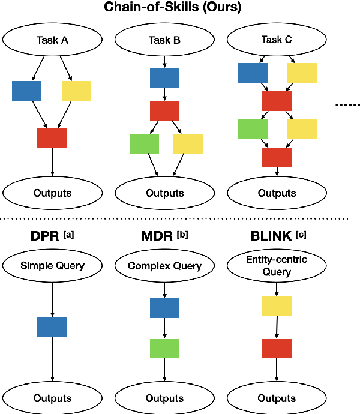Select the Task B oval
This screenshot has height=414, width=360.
click(x=164, y=40)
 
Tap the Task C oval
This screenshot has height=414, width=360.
click(x=277, y=40)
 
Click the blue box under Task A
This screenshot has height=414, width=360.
click(x=26, y=91)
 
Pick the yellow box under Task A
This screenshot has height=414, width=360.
click(x=76, y=91)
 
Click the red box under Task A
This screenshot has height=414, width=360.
click(x=52, y=138)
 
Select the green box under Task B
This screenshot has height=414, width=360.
click(x=144, y=143)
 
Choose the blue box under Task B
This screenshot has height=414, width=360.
click(x=164, y=77)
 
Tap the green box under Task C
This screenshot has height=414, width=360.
click(x=252, y=129)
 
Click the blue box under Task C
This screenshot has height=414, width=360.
click(x=252, y=73)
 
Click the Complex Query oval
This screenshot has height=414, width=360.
click(x=164, y=266)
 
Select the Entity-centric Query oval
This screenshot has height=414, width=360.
click(x=277, y=266)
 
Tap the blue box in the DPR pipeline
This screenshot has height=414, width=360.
click(x=52, y=327)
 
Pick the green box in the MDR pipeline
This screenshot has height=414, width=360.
click(x=164, y=349)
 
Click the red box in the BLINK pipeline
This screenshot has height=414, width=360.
click(x=277, y=349)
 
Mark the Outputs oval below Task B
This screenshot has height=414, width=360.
click(x=164, y=193)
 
